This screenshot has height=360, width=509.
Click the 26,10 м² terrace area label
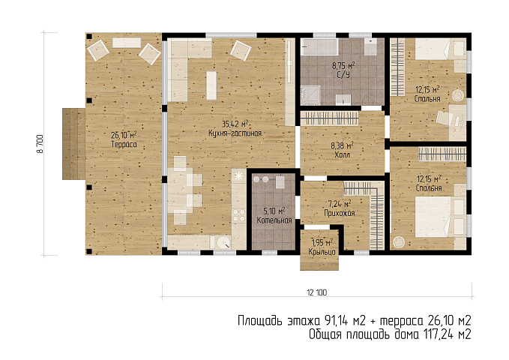click(x=124, y=135)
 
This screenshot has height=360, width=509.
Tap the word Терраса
click(x=124, y=144)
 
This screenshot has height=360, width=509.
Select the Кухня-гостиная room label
click(x=235, y=133)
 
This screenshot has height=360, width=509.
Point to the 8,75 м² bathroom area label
click(x=343, y=66)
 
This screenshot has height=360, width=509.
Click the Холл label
click(x=342, y=154)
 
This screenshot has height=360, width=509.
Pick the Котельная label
click(x=274, y=220)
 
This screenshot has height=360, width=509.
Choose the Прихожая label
click(x=340, y=213)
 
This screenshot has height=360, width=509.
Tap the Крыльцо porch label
click(x=322, y=252)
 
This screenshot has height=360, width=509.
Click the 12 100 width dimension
click(x=317, y=292)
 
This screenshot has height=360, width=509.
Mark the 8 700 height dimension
click(x=40, y=144)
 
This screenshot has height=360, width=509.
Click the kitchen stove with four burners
click(x=238, y=215)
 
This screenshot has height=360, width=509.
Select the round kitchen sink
click(x=223, y=242)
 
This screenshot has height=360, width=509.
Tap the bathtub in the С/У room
click(x=319, y=46)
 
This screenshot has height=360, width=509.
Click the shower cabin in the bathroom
click(x=310, y=95)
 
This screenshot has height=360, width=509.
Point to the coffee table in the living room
click(x=211, y=85)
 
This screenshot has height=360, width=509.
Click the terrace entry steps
click(x=73, y=144)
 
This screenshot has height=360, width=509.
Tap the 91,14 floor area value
click(x=337, y=321)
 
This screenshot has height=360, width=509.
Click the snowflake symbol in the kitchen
click(x=238, y=176)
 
